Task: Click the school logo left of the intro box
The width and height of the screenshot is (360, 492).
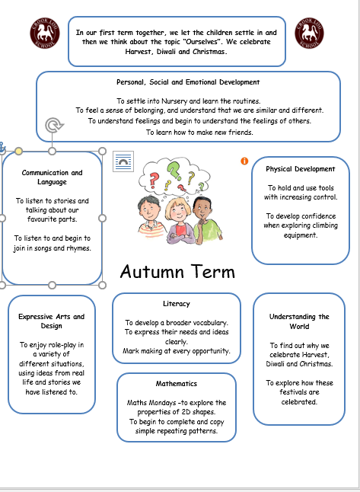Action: pyautogui.click(x=45, y=33)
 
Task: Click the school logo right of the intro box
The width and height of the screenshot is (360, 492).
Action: pyautogui.click(x=309, y=33)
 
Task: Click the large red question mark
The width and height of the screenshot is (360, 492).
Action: pyautogui.click(x=153, y=181)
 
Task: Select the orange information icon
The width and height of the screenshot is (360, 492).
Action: pyautogui.click(x=244, y=161)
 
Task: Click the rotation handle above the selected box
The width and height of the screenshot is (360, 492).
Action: pyautogui.click(x=53, y=125)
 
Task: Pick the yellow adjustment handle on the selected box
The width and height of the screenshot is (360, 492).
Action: pyautogui.click(x=18, y=152)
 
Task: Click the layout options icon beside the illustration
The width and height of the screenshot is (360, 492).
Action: pyautogui.click(x=123, y=161)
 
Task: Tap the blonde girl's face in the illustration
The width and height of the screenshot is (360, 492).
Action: pyautogui.click(x=178, y=212)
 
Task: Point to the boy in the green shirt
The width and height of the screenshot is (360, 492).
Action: pyautogui.click(x=206, y=220)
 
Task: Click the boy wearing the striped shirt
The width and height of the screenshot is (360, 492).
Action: pyautogui.click(x=151, y=217)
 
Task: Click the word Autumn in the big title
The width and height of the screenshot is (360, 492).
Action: pyautogui.click(x=151, y=272)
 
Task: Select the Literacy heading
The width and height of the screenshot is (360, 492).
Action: pyautogui.click(x=177, y=304)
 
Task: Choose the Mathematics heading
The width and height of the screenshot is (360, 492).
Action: pyautogui.click(x=177, y=383)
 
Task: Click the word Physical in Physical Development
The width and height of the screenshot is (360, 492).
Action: pyautogui.click(x=280, y=169)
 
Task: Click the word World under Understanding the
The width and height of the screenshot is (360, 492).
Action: pyautogui.click(x=299, y=326)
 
